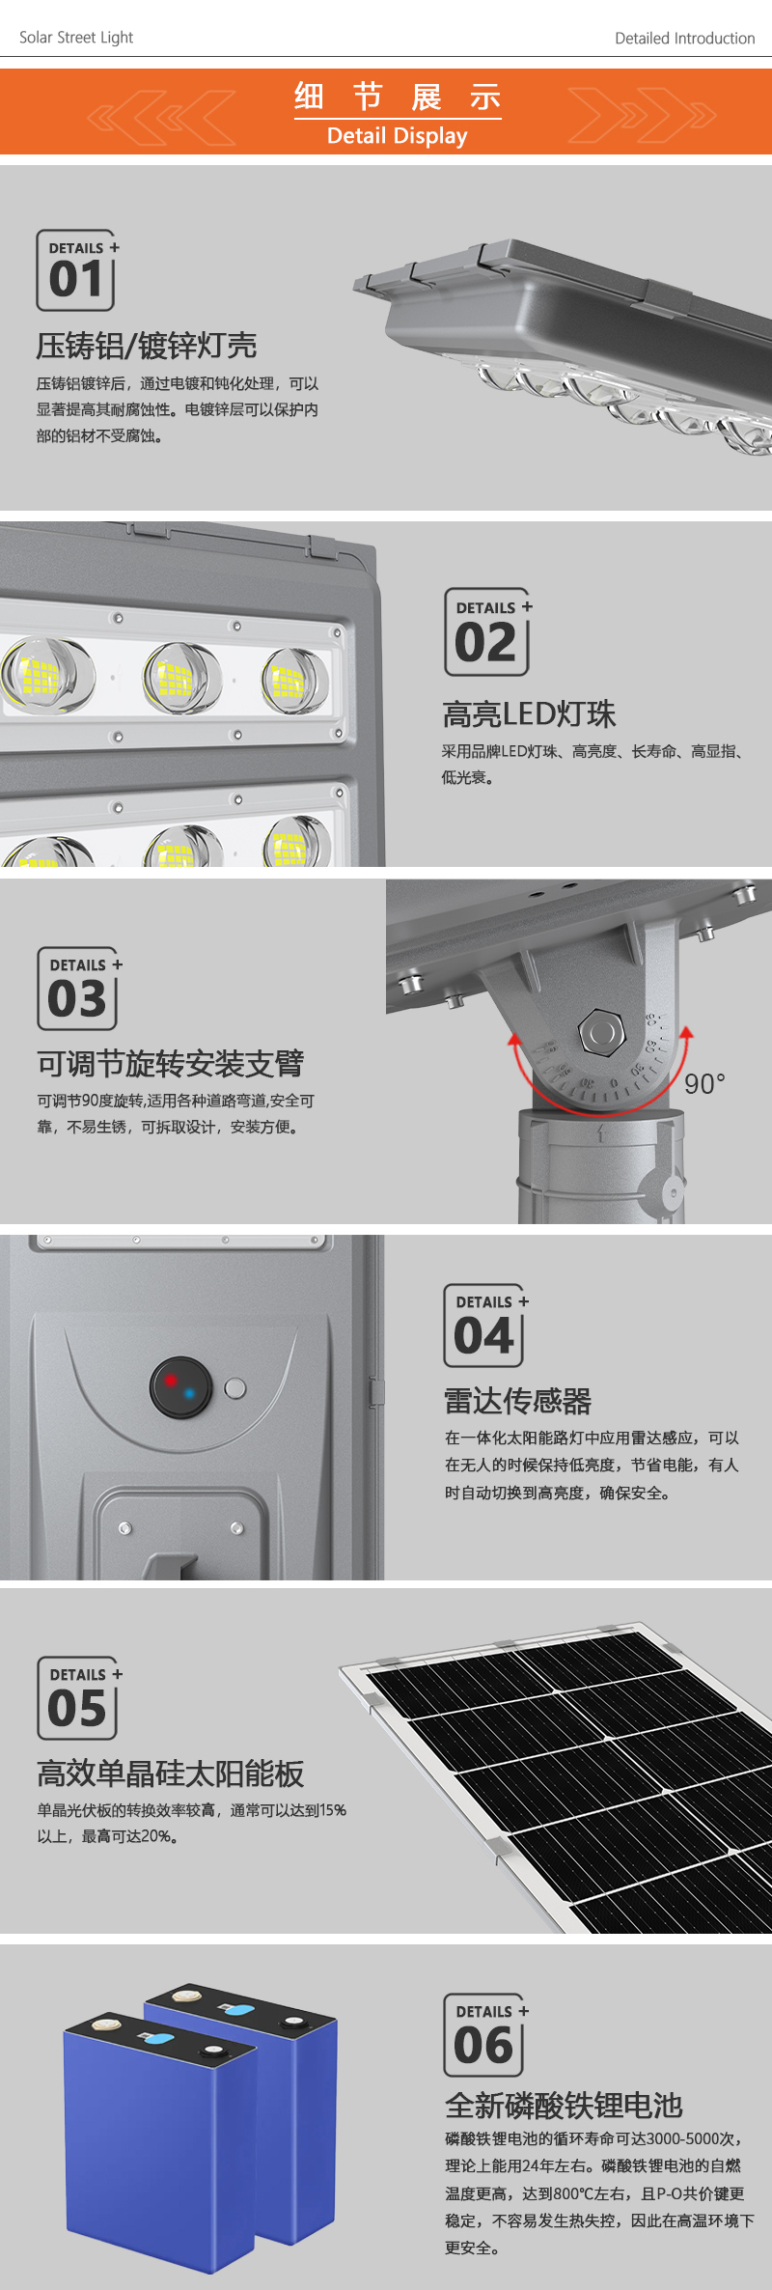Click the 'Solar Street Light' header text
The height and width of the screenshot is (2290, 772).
point(76,38)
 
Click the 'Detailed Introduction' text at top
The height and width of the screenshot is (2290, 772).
point(685,39)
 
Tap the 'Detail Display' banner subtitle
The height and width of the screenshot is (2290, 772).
point(397,136)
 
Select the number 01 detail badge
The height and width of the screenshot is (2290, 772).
point(76,270)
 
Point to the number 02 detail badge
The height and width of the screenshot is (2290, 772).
point(488,632)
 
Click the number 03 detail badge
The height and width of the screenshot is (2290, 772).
point(78,989)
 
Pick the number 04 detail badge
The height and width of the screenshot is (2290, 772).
point(485,1326)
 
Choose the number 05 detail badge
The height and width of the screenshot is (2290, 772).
point(79,1698)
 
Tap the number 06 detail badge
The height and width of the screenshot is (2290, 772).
point(485,2035)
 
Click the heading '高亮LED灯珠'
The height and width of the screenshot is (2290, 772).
point(529,714)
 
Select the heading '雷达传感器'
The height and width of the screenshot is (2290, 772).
point(517,1401)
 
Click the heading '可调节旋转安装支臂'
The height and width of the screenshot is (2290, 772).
point(171,1064)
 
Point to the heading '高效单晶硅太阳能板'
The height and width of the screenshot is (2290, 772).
point(171,1773)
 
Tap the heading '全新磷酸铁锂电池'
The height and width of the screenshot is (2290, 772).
point(564,2106)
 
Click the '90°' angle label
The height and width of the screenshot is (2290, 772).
point(704,1084)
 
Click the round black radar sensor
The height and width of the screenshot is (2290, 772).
point(180,1387)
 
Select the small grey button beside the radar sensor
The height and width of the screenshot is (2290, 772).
point(234,1389)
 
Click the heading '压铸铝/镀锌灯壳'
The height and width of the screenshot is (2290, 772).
point(147,345)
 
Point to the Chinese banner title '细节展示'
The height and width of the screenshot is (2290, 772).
point(398,98)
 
